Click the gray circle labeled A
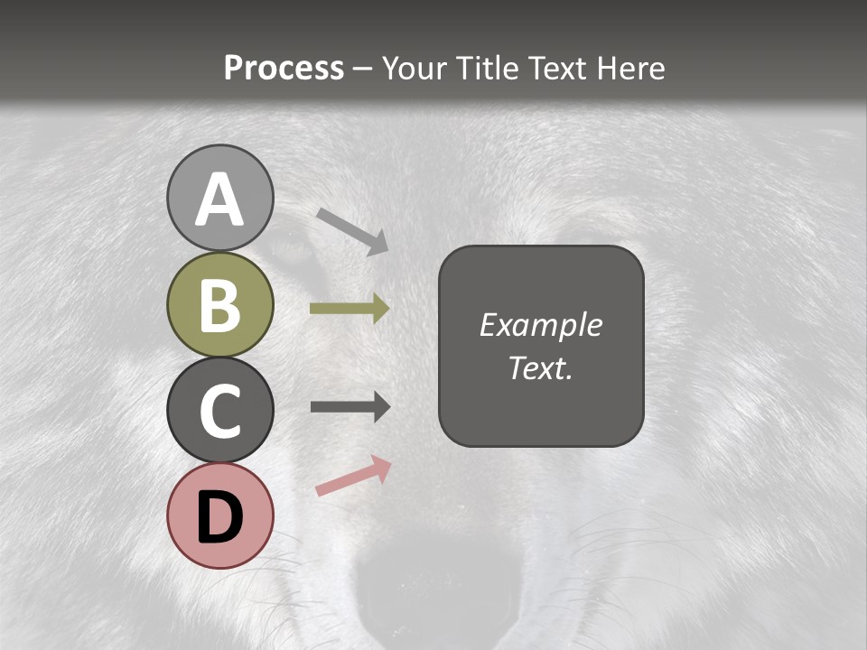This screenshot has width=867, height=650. click(x=219, y=198)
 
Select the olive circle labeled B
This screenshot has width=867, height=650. click(x=219, y=304)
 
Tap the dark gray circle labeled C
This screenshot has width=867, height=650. click(x=219, y=410)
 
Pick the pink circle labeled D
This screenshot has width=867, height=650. click(x=219, y=515)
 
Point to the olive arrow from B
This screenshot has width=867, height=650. click(x=349, y=309)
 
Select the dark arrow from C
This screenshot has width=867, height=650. click(x=349, y=407)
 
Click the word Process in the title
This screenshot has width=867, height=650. click(x=284, y=69)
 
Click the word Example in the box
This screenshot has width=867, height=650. click(x=540, y=325)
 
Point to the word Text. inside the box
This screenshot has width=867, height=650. click(x=540, y=367)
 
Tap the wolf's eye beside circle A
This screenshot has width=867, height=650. click(x=291, y=246)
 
